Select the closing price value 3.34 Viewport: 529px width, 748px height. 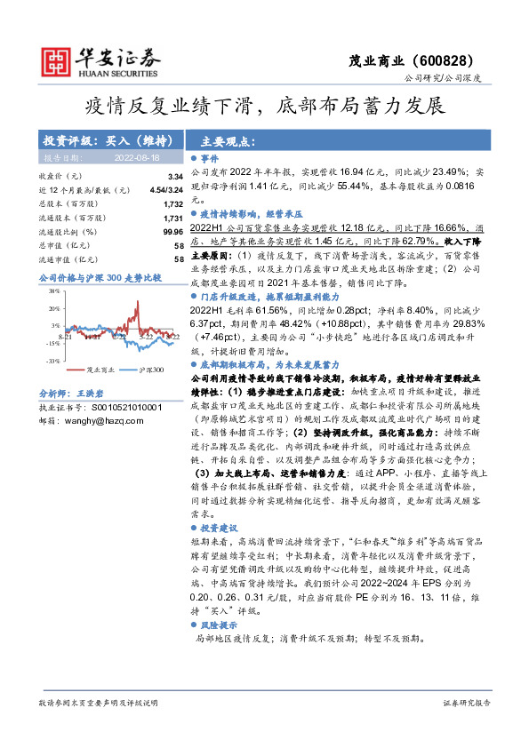pos(175,178)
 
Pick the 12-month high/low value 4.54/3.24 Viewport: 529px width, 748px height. pos(166,190)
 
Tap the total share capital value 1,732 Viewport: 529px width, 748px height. pos(172,203)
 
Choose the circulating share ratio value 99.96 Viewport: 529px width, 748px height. pos(172,230)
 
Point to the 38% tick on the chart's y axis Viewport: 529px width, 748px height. pos(54,290)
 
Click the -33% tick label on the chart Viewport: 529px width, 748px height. pos(52,361)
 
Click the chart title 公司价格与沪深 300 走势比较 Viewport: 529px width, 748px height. pos(100,278)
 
